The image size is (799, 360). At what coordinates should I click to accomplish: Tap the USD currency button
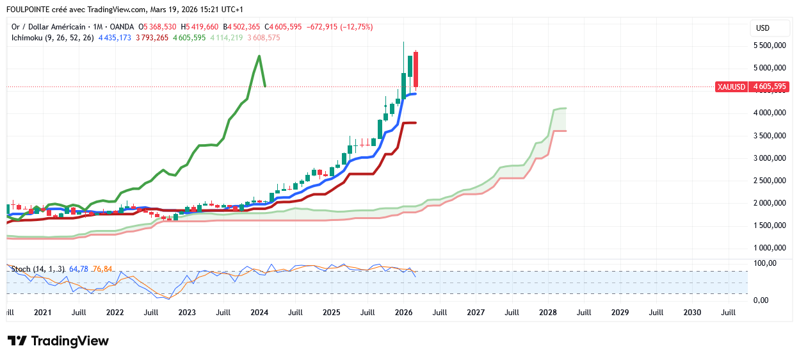763,28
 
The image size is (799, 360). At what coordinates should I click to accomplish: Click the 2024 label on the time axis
259,313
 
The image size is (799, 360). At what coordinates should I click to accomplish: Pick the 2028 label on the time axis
548,313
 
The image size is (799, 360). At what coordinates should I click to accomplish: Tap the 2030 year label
692,313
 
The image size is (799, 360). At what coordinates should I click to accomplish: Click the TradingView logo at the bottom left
58,341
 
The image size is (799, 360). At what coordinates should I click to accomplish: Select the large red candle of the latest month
416,69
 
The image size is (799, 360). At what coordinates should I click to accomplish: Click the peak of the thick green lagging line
259,56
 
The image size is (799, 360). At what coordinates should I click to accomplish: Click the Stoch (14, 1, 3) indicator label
36,269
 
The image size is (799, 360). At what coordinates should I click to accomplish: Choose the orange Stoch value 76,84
102,269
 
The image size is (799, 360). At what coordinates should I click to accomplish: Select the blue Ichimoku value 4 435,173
115,38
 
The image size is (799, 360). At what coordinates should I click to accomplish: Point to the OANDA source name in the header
122,27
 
